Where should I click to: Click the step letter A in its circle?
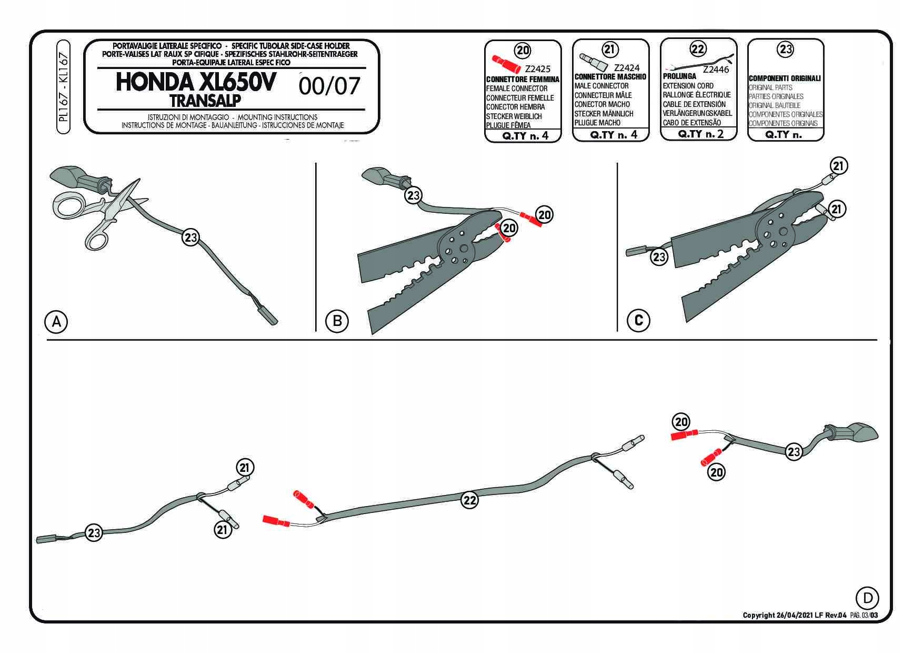click(57, 321)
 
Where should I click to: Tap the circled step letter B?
click(337, 321)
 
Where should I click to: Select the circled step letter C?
click(639, 320)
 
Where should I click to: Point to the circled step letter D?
click(868, 598)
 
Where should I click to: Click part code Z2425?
click(537, 69)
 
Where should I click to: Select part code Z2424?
click(627, 67)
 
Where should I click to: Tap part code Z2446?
click(716, 70)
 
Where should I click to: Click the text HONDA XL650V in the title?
click(195, 83)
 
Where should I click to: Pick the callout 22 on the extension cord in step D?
click(469, 500)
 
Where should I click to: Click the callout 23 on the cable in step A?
click(190, 238)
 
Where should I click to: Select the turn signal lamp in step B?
click(376, 174)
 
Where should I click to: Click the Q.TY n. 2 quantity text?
click(700, 134)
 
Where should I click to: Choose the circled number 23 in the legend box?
click(785, 50)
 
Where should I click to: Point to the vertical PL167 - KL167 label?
click(63, 87)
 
